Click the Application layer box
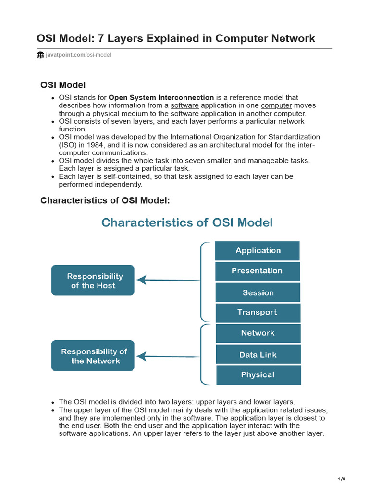pos(257,251)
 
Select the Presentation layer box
pos(257,271)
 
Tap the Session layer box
pos(258,292)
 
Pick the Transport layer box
pos(258,312)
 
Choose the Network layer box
pos(258,333)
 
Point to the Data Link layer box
pos(258,355)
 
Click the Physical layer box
pos(258,375)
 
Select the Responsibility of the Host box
pos(93,281)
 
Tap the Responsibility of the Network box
pos(93,356)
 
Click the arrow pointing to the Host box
pos(168,280)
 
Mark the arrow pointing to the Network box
pos(168,356)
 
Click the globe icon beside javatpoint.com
pos(40,55)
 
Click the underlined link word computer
pos(276,105)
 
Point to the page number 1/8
pos(342,479)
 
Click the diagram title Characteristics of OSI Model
pos(187,222)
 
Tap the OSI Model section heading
pos(63,85)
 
